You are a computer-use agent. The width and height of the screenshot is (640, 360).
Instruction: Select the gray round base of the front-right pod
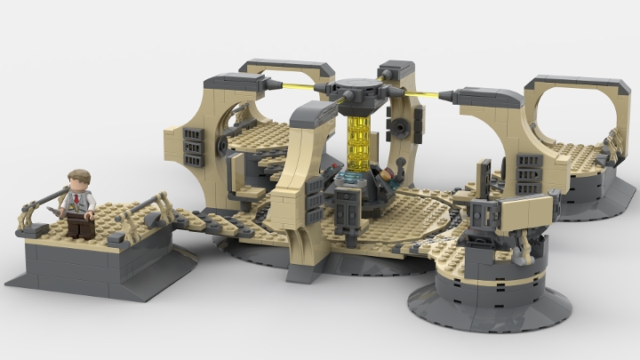pyautogui.click(x=489, y=307)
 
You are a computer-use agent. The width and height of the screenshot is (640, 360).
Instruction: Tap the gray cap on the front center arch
pyautogui.click(x=311, y=113)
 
